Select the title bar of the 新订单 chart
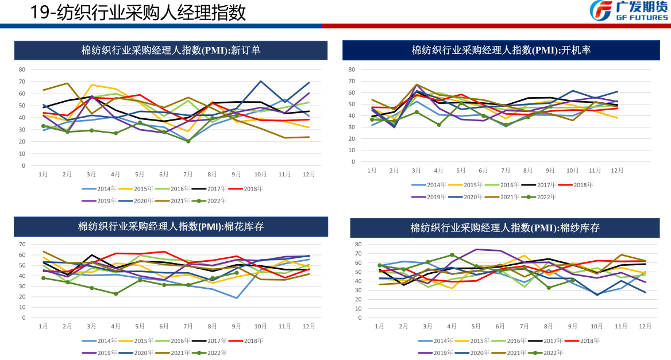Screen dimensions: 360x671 point(171,50)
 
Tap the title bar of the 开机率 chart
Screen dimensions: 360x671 point(501,50)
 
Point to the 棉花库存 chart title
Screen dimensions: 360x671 point(171,226)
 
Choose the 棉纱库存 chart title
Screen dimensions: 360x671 point(504,228)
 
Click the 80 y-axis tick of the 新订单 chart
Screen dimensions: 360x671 point(22,69)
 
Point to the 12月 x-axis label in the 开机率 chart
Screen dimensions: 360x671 point(617,171)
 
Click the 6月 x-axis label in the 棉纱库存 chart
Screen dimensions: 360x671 point(500,326)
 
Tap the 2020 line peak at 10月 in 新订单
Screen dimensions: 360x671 point(260,81)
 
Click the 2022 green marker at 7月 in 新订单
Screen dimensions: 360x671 point(188,141)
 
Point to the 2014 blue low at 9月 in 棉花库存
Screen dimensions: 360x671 point(236,297)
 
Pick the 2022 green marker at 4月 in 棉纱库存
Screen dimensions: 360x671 point(452,255)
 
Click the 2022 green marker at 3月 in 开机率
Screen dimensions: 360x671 point(417,112)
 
